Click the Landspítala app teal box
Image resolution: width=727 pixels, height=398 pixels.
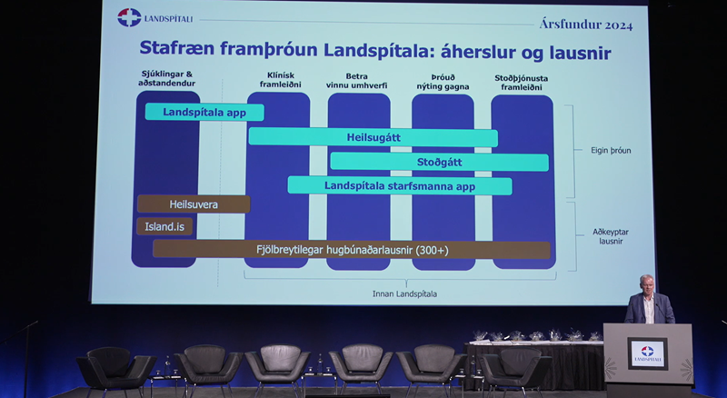204,113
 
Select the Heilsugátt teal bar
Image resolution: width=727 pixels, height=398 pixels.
373,137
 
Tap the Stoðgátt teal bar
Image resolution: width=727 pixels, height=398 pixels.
439,162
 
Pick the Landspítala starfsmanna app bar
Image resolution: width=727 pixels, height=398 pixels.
399,185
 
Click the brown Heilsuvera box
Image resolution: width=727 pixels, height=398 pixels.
193,204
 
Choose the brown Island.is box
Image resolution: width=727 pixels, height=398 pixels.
164,226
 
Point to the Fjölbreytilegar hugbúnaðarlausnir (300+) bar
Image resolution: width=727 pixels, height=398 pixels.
351,249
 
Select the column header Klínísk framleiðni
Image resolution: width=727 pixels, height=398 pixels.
277,83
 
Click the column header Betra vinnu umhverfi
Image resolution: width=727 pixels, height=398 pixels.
358,83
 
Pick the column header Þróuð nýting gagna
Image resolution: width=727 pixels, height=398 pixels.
442,83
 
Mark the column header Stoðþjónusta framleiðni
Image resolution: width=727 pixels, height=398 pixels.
522,83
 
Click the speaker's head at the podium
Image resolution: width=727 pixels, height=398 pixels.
646,283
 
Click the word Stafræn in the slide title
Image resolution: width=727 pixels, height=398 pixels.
174,52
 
